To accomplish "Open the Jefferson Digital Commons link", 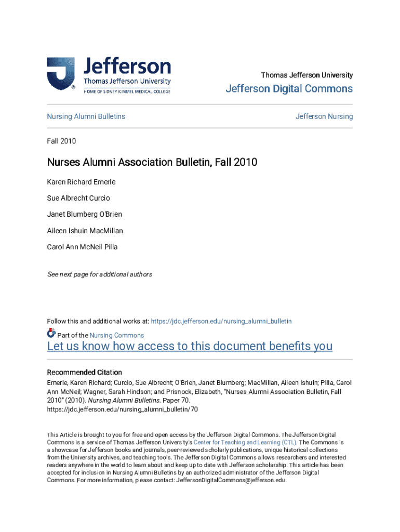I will tap(289, 89).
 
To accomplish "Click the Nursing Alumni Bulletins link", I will tap(86, 116).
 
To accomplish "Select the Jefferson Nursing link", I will tap(324, 116).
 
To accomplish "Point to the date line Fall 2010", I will tap(61, 141).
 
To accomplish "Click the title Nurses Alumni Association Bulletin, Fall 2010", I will tap(152, 163).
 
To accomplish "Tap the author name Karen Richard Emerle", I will tap(81, 182).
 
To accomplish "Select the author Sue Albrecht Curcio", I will tap(78, 198).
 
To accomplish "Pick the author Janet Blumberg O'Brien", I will tap(85, 214).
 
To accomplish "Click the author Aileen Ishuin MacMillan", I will tap(85, 231).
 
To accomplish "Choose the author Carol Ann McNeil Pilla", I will tap(82, 247).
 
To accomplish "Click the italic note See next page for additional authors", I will tap(100, 274).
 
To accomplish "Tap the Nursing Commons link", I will tap(117, 335).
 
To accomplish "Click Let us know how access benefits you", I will tap(190, 347).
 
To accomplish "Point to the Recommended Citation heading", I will tap(85, 373).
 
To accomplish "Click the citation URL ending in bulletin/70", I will tap(123, 409).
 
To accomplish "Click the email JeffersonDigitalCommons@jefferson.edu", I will tap(231, 480).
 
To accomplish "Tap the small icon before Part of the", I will tap(51, 334).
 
